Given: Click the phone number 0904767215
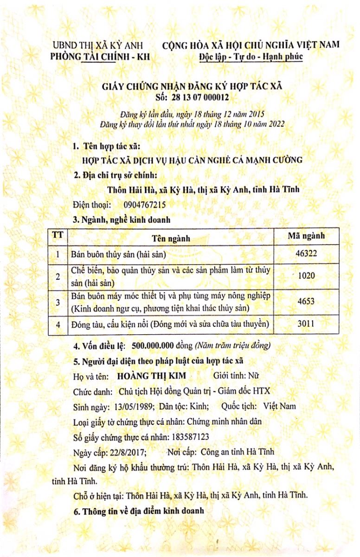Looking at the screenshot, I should pyautogui.click(x=145, y=205).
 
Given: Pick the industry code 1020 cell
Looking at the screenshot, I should pyautogui.click(x=306, y=276).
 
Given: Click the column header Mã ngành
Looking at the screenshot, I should pyautogui.click(x=306, y=236).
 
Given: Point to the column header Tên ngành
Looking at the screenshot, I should pyautogui.click(x=172, y=238).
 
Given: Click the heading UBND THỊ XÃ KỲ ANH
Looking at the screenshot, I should pyautogui.click(x=98, y=45).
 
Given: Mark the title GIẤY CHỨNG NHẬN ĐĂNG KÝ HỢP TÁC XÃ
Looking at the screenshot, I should pyautogui.click(x=192, y=87).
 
